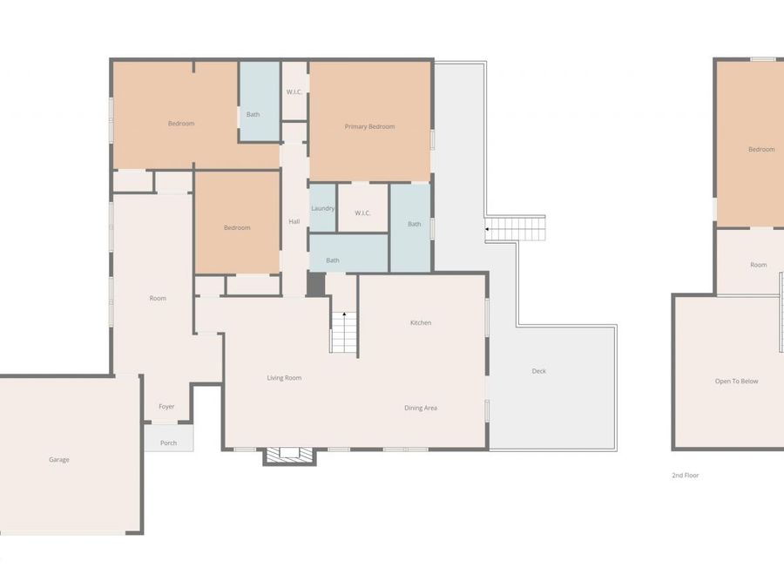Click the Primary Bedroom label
(x=369, y=127)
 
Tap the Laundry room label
(x=322, y=209)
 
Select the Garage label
(x=59, y=460)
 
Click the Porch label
(x=168, y=443)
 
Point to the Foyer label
(x=166, y=407)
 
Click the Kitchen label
(x=421, y=323)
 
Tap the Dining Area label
(x=421, y=409)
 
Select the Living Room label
(x=284, y=378)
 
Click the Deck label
(x=539, y=372)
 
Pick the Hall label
(x=294, y=222)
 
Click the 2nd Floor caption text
(x=686, y=476)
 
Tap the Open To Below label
(x=737, y=382)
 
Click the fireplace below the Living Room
(x=283, y=454)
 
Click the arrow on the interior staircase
(x=344, y=314)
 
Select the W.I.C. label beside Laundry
(x=363, y=213)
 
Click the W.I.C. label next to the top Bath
(x=294, y=92)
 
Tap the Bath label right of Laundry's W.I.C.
(x=414, y=225)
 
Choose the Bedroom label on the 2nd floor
(x=760, y=150)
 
